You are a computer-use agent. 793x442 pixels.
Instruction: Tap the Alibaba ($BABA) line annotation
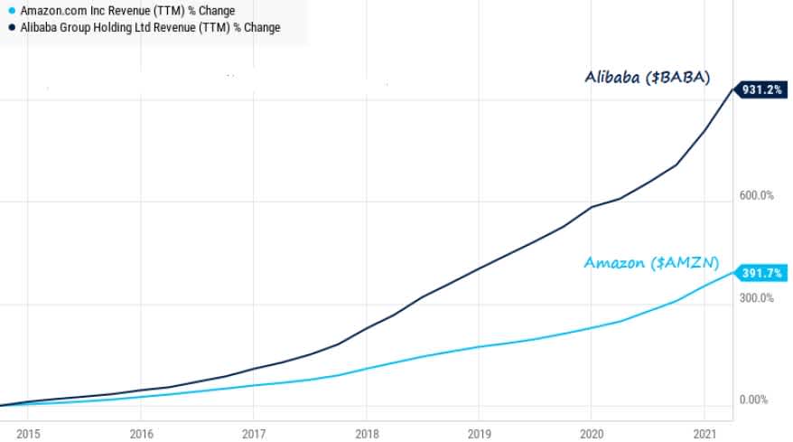coord(647,77)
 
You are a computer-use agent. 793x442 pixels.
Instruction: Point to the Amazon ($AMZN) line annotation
coord(651,263)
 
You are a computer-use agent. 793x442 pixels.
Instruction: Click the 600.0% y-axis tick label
coord(757,196)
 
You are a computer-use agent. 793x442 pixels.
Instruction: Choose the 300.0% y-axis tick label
coord(757,298)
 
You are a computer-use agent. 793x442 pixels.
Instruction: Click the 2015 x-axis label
coord(28,433)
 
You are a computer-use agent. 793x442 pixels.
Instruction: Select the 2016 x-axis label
coord(141,433)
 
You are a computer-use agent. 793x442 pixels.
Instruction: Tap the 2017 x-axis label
coord(254,433)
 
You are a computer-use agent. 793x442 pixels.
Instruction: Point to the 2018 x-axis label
coord(366,433)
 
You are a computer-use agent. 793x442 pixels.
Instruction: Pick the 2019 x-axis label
coord(479,433)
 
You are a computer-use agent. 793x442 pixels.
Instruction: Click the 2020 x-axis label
coord(592,433)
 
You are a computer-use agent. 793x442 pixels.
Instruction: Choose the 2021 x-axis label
coord(704,433)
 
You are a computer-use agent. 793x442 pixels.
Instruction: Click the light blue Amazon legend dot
coord(10,11)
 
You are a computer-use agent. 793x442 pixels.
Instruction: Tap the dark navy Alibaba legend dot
coord(10,28)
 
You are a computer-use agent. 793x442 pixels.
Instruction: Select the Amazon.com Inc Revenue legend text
coord(127,11)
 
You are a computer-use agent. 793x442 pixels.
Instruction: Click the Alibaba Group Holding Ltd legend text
coord(150,28)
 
